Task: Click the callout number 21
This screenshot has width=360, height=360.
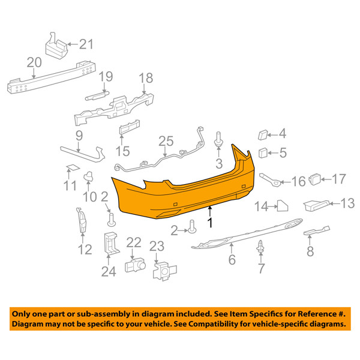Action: [x=86, y=44]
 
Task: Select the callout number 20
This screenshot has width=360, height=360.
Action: [x=34, y=62]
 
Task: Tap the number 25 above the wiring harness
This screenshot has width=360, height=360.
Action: [x=166, y=141]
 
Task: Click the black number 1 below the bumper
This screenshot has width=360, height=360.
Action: [x=210, y=223]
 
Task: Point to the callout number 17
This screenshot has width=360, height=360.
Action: [x=338, y=179]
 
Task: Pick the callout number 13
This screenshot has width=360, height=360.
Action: [x=347, y=203]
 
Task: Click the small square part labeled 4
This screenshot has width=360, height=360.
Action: [x=263, y=135]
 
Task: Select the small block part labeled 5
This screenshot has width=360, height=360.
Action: [x=263, y=153]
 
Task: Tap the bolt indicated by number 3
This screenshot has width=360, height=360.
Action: [x=218, y=139]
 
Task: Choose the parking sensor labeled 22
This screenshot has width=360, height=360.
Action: [x=135, y=265]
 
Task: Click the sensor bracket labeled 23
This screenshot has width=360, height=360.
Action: [x=164, y=271]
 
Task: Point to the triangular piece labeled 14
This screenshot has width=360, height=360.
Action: [x=283, y=206]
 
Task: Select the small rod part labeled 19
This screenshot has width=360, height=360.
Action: [x=97, y=95]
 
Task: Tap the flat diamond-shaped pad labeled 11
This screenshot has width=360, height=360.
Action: [x=73, y=167]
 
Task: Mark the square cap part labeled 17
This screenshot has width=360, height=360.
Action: [x=315, y=179]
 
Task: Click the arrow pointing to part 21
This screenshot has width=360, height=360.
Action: [x=73, y=44]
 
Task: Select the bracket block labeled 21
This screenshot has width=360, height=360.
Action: [x=56, y=47]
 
